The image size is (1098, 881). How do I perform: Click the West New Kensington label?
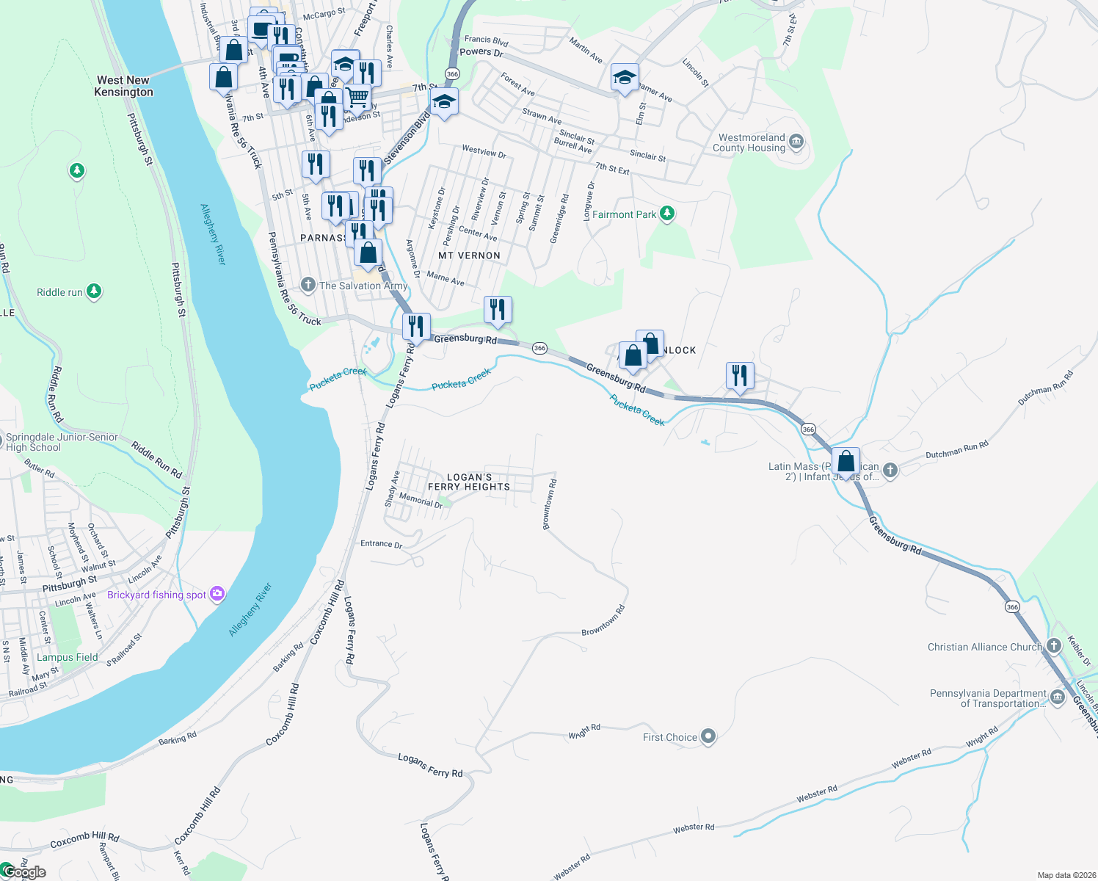tap(123, 86)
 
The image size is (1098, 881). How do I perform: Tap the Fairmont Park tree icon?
tap(666, 214)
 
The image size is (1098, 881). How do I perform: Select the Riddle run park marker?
tap(94, 291)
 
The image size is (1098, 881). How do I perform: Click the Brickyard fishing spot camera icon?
tap(217, 594)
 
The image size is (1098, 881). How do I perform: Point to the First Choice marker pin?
tap(708, 736)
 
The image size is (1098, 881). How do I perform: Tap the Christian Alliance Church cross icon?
tap(1054, 646)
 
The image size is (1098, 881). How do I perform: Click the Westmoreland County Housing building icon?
tap(797, 142)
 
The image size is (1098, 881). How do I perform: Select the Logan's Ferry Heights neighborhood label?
tap(469, 482)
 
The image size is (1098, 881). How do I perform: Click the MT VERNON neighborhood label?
tap(469, 255)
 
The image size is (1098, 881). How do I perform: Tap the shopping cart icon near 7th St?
tap(357, 96)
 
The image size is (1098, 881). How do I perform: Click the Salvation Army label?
tap(363, 286)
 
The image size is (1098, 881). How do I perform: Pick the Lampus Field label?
tap(68, 657)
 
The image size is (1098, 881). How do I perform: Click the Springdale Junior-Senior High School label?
tap(62, 442)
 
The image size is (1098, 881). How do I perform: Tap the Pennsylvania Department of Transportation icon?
tap(1058, 697)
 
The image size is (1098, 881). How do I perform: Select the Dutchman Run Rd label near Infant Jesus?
tap(956, 450)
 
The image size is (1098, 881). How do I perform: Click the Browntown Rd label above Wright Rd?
tap(603, 621)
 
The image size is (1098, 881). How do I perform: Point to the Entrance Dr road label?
tap(381, 544)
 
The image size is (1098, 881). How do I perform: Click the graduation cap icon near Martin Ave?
tap(624, 76)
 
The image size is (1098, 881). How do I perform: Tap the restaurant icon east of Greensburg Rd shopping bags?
tap(740, 375)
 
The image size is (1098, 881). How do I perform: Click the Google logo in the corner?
tap(24, 872)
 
